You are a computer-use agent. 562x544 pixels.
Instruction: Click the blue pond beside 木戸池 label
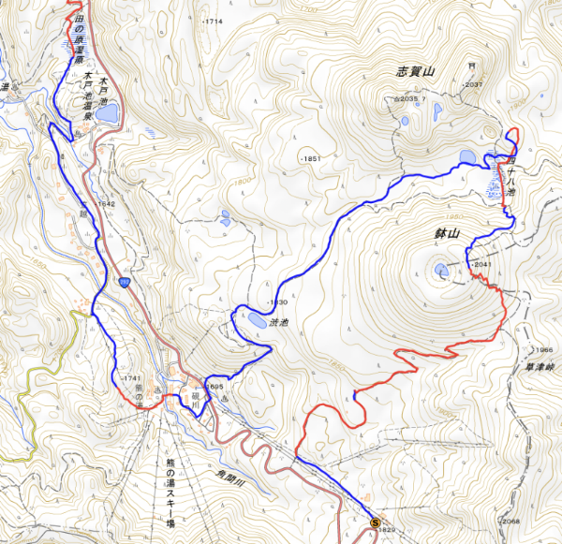106,113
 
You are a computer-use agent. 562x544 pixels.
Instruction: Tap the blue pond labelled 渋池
256,321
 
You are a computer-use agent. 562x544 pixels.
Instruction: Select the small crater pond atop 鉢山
441,271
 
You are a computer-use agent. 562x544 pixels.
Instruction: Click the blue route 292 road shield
124,285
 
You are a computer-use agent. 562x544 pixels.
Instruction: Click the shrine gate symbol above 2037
472,66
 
